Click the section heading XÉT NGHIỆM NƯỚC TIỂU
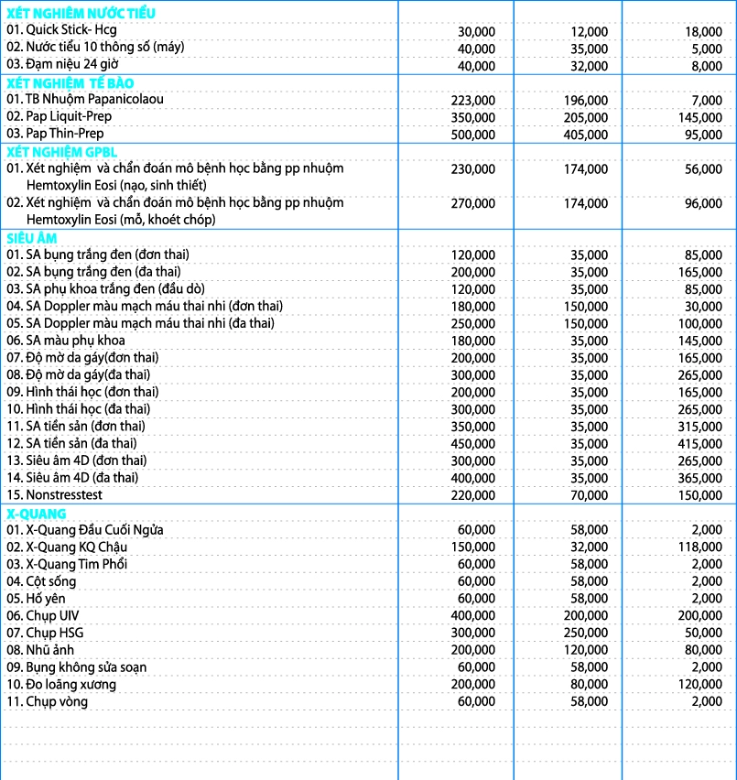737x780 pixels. point(81,13)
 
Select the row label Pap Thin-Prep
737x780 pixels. point(55,134)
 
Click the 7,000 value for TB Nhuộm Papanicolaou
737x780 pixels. point(707,100)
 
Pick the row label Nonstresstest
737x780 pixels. point(54,494)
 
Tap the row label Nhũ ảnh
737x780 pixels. point(41,650)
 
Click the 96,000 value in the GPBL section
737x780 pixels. point(703,202)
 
